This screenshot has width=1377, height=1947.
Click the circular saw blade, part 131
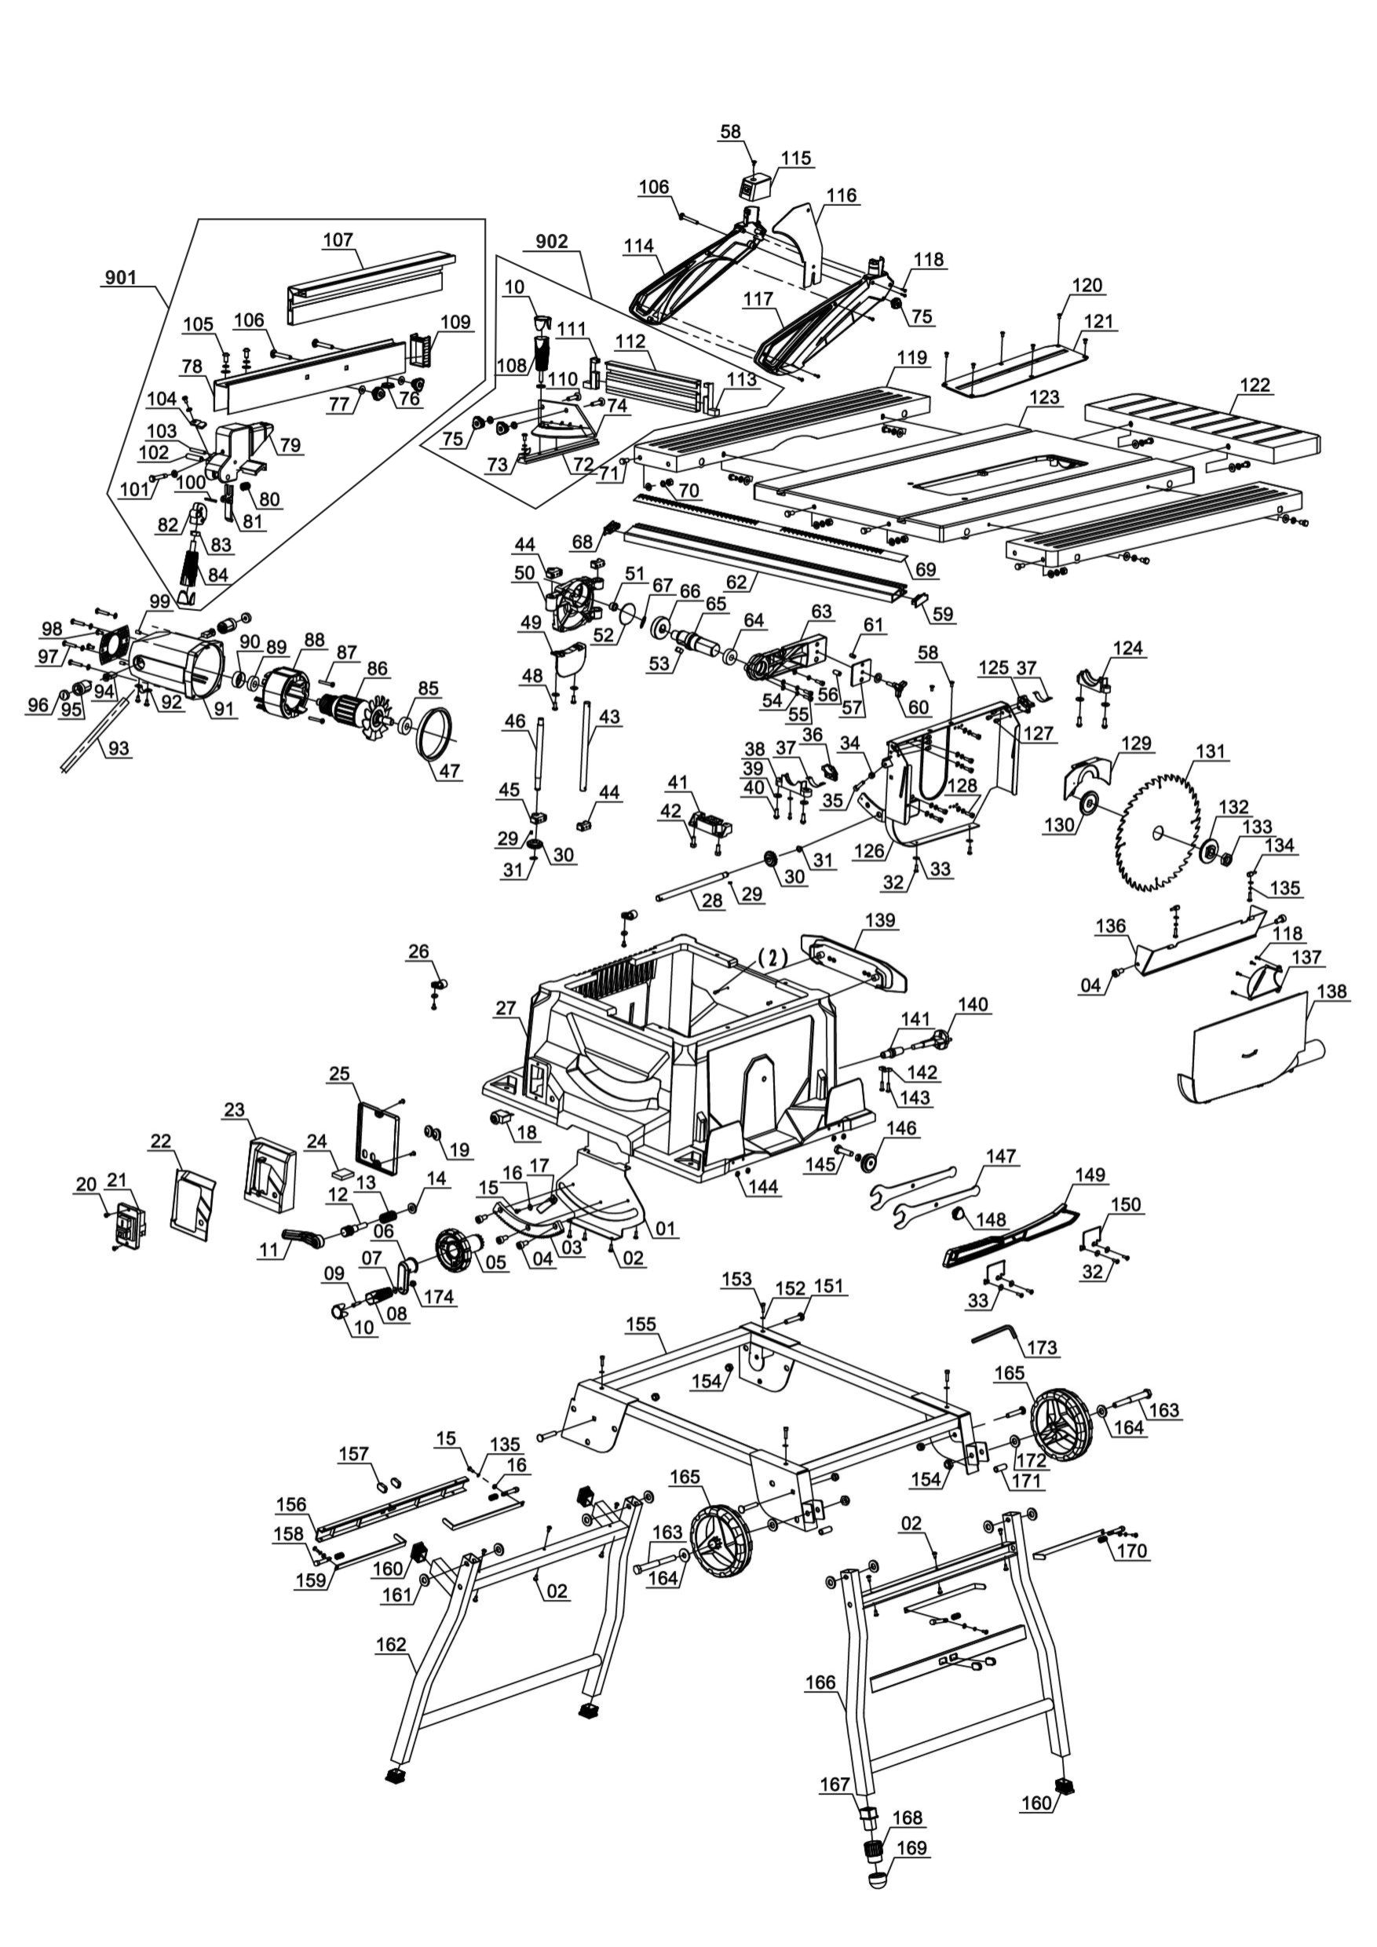tap(1158, 832)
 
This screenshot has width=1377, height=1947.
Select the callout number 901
tap(121, 277)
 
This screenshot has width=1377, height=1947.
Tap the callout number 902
tap(552, 242)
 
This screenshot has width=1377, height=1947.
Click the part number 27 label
tap(506, 1008)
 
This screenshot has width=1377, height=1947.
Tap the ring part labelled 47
tap(436, 733)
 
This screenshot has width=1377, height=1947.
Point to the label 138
tap(1332, 992)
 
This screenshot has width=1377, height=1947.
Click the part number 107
tap(338, 240)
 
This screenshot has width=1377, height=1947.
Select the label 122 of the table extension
tap(1255, 385)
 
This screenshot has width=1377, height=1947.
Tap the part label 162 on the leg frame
tap(392, 1645)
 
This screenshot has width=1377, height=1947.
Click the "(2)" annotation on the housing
tap(772, 957)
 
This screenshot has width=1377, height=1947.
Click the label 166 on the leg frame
tap(820, 1682)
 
